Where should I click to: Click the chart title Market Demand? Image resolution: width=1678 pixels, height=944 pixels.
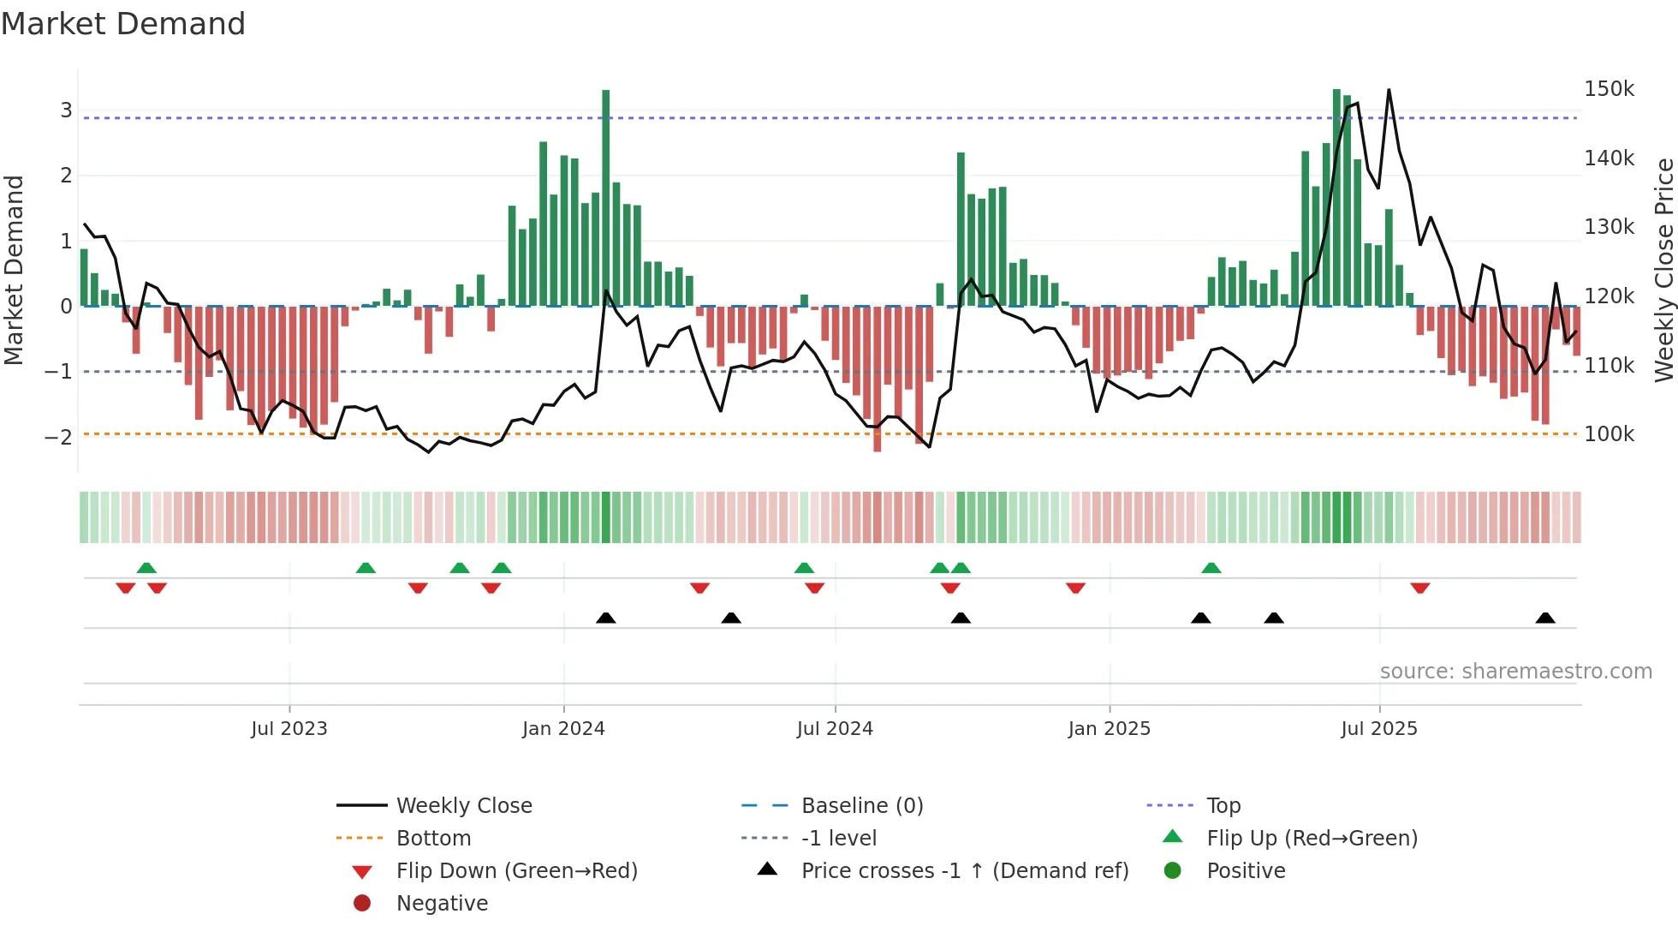click(x=123, y=24)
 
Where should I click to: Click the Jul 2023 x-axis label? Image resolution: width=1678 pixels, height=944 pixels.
click(x=289, y=729)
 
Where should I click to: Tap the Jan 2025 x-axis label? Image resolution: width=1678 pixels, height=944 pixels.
click(x=1109, y=729)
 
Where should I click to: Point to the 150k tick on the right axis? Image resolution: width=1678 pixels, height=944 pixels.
click(x=1609, y=89)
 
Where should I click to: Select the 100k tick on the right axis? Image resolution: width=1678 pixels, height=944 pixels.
click(x=1609, y=434)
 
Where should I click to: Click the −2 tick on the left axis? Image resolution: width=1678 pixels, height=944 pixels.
click(x=58, y=437)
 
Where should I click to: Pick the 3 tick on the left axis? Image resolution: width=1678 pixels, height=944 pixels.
click(x=66, y=110)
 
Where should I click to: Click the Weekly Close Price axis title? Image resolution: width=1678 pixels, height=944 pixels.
click(x=1663, y=270)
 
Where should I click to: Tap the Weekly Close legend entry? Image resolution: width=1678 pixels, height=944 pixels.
click(x=463, y=806)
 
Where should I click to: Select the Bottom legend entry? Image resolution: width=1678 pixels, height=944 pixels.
click(x=433, y=839)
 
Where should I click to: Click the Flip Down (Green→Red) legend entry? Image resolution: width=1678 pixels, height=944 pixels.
click(x=516, y=871)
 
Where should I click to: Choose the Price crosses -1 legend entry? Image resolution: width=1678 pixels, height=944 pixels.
click(x=964, y=871)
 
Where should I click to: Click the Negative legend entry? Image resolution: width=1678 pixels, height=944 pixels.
click(x=442, y=904)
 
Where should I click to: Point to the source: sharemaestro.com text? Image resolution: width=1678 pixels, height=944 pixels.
click(x=1515, y=672)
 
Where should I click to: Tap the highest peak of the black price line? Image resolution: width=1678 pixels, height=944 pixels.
click(x=1389, y=90)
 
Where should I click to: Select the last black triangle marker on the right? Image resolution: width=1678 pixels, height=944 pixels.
click(x=1545, y=618)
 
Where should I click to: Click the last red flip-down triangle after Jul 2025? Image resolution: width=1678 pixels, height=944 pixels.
click(x=1420, y=588)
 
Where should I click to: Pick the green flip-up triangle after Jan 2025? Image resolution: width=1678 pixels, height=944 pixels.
click(x=1211, y=568)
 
